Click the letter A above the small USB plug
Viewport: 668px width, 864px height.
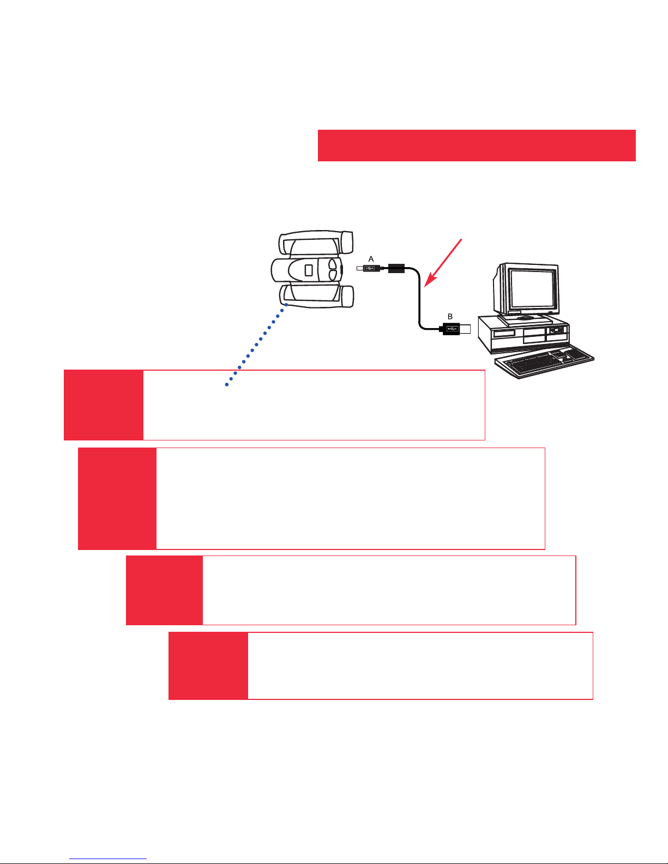[371, 259]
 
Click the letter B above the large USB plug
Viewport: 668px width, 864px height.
[450, 317]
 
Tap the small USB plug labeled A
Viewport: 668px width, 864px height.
[368, 268]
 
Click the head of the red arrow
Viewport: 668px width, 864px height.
[430, 280]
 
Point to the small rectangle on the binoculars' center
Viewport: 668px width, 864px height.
[309, 270]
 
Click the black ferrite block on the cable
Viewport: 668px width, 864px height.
[396, 268]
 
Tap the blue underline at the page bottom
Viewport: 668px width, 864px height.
[108, 859]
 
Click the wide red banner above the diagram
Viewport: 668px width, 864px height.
[477, 146]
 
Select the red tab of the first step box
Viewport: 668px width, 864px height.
[104, 405]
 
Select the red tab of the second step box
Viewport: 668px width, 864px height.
[117, 499]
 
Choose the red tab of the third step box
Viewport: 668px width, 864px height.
[165, 590]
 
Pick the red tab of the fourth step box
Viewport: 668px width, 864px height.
[208, 666]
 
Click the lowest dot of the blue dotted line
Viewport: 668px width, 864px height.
[227, 384]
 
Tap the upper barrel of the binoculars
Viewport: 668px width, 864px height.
[316, 243]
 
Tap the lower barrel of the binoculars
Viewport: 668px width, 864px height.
[316, 296]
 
